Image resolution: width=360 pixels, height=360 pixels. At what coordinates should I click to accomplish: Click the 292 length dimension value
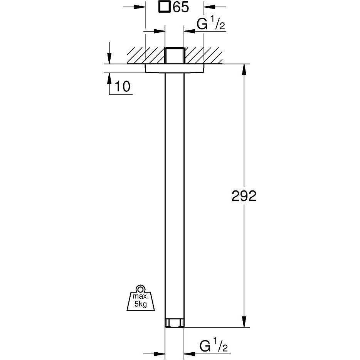[x=244, y=196]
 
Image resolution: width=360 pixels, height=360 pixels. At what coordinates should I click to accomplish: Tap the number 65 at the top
[x=181, y=7]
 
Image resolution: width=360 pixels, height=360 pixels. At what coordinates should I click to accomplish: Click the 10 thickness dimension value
[x=122, y=86]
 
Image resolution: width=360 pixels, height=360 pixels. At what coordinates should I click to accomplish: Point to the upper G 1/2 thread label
[x=211, y=24]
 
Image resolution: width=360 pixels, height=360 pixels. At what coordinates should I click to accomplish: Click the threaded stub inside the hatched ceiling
[x=175, y=56]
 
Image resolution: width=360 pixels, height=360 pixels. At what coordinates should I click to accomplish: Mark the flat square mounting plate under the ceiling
[x=175, y=68]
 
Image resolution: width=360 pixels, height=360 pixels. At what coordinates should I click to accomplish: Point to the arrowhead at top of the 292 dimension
[x=244, y=69]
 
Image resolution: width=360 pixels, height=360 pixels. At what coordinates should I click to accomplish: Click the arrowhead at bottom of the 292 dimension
[x=244, y=322]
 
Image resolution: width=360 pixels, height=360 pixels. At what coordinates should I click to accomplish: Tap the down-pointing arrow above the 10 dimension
[x=109, y=58]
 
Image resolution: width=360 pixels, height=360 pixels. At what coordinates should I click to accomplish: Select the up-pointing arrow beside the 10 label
[x=109, y=79]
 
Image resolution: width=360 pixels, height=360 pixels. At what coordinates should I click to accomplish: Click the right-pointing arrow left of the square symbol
[x=140, y=7]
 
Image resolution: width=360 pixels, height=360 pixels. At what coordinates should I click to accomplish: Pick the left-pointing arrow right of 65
[x=210, y=7]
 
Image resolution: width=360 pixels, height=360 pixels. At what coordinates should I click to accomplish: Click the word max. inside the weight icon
[x=141, y=296]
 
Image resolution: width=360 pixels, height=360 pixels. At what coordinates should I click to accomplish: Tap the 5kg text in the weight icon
[x=141, y=304]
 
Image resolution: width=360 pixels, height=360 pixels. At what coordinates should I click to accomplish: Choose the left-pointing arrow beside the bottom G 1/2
[x=190, y=354]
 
